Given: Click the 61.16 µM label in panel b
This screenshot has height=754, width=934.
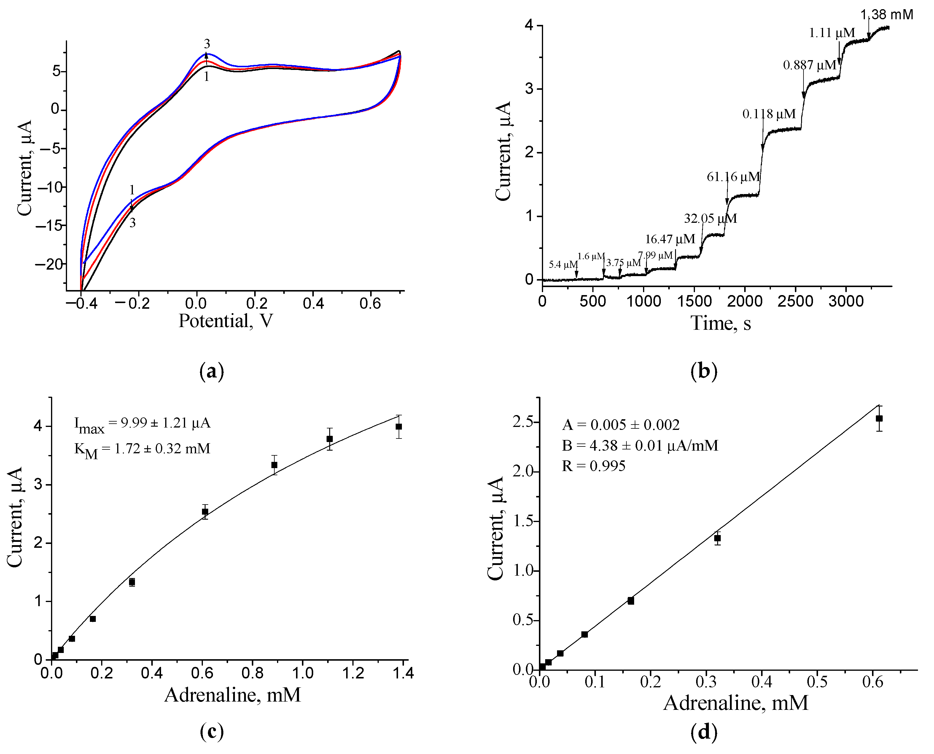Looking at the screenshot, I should click(x=733, y=177).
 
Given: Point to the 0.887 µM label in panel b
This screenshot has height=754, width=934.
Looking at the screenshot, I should click(x=810, y=65).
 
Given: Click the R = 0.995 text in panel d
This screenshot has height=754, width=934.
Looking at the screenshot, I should click(x=594, y=466).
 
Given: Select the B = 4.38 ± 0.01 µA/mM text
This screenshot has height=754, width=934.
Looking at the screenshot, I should click(x=640, y=445).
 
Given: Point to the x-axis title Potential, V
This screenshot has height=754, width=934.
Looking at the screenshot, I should click(x=226, y=321).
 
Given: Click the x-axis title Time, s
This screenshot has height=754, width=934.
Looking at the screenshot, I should click(x=720, y=323).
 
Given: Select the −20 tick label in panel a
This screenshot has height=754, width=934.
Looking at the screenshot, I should click(x=49, y=264).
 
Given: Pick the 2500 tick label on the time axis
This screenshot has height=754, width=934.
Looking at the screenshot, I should click(x=795, y=301).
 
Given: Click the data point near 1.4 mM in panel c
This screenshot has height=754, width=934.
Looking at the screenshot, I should click(x=399, y=427).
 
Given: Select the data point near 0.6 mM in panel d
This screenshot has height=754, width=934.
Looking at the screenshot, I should click(x=879, y=418).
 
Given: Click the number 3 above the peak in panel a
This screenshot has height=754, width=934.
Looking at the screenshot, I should click(x=207, y=44).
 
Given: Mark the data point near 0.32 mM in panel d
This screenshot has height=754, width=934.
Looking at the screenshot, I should click(x=717, y=538).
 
